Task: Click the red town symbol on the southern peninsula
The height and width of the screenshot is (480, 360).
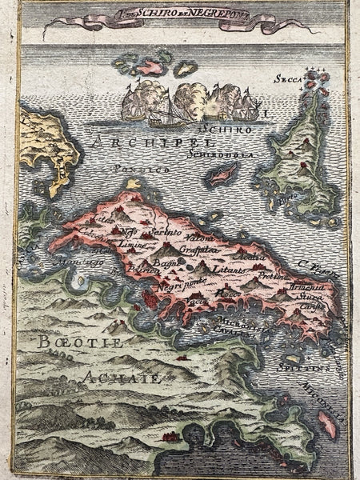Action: point(170,437)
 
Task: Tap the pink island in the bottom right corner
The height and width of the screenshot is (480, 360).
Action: point(328,424)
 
